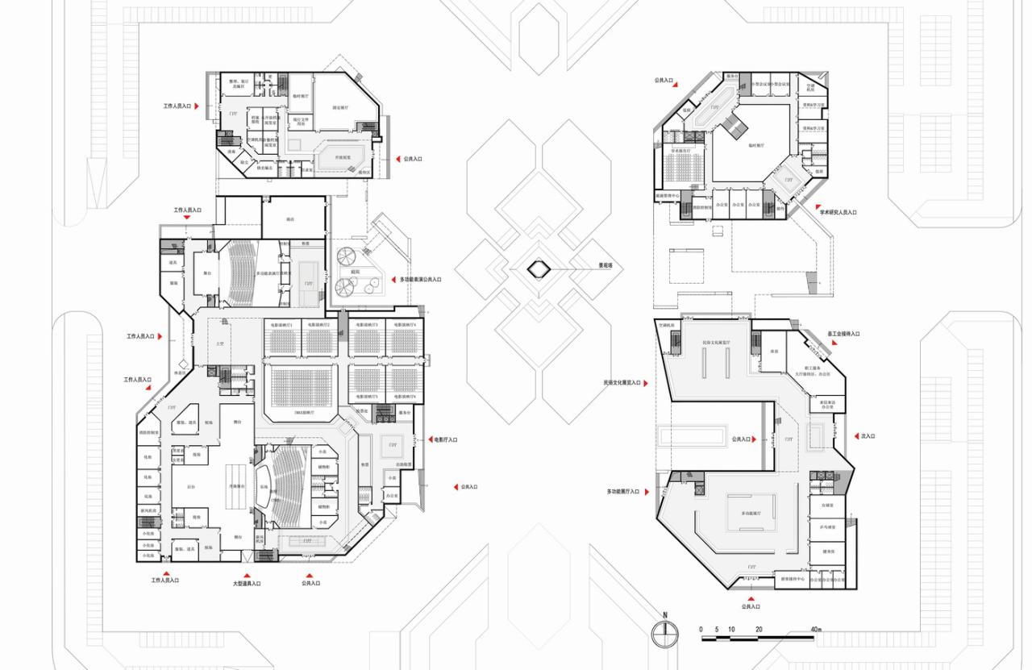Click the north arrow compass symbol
pos(665,631)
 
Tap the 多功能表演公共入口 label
pos(421,280)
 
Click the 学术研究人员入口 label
pos(838,213)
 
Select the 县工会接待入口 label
pos(844,334)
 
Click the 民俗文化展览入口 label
pos(621,383)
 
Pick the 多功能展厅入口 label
pos(622,491)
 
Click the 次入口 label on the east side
pos(868,436)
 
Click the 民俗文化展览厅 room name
pos(715,343)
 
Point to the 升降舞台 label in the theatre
pos(236,486)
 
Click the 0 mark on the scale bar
pos(701,629)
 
